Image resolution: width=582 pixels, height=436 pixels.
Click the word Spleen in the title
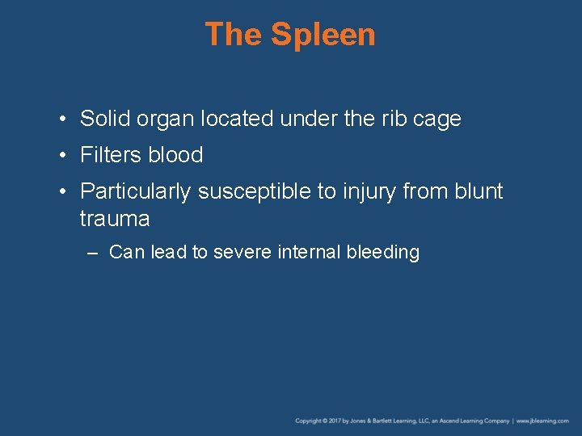coord(323,35)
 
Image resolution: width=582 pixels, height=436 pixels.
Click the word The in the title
coord(234,35)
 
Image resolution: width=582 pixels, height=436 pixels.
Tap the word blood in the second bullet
coord(175,155)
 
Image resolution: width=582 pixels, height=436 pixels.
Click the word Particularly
coord(136,191)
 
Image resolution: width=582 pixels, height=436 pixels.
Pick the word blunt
coord(479,191)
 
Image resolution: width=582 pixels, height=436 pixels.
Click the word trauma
coord(115,219)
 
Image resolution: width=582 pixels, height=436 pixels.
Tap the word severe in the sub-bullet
coord(242,253)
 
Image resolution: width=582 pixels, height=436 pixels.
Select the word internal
coord(309,253)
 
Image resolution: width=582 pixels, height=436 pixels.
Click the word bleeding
coord(382,253)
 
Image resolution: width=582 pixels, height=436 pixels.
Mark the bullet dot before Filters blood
coord(62,155)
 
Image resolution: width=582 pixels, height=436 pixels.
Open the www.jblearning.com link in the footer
coord(542,421)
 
